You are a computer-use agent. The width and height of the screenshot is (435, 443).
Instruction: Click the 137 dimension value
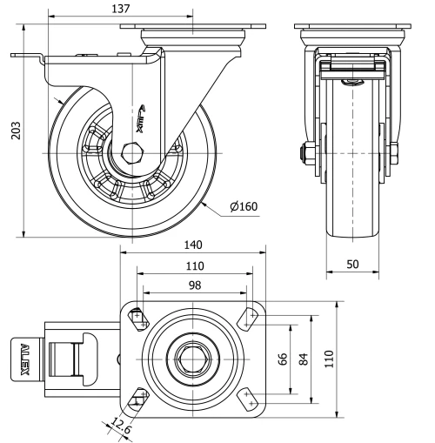[121, 9]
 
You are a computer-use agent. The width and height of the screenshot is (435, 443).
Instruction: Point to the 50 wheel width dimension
[353, 262]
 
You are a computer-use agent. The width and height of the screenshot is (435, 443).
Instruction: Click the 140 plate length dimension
[193, 246]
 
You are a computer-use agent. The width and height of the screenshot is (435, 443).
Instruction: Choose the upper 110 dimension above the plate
[193, 265]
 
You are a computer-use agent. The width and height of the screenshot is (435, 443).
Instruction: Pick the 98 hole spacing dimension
[193, 285]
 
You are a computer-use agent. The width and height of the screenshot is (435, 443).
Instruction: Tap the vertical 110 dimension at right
[329, 359]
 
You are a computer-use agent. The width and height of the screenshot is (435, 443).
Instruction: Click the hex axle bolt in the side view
[134, 153]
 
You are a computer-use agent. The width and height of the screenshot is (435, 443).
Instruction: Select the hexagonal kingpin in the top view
[193, 358]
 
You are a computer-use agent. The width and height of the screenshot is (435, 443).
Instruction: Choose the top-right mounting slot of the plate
[250, 316]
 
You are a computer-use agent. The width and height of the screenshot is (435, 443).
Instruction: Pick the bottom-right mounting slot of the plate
[250, 399]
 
